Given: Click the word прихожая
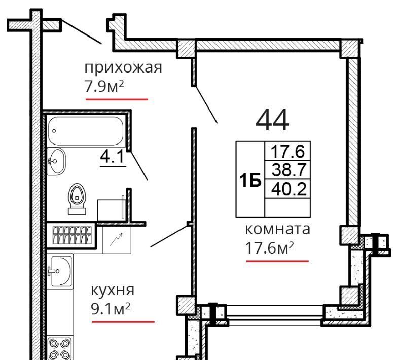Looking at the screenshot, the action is pyautogui.click(x=123, y=68).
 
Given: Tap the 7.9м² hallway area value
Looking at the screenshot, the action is pyautogui.click(x=104, y=87).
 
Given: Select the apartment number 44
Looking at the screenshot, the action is pyautogui.click(x=272, y=121).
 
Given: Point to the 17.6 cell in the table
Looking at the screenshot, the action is pyautogui.click(x=287, y=151).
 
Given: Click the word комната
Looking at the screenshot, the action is pyautogui.click(x=277, y=229).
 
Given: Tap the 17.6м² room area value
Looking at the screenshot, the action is pyautogui.click(x=270, y=248).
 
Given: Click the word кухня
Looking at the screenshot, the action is pyautogui.click(x=113, y=291).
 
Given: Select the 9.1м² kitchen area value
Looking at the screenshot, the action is pyautogui.click(x=111, y=309).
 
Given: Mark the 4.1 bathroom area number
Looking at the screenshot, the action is pyautogui.click(x=113, y=157).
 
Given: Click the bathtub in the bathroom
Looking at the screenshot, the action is pyautogui.click(x=86, y=131).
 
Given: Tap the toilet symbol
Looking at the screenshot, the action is pyautogui.click(x=77, y=199).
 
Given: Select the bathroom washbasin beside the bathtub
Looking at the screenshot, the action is pyautogui.click(x=56, y=161).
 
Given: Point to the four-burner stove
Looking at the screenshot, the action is pyautogui.click(x=60, y=349).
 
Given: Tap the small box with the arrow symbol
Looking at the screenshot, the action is pyautogui.click(x=117, y=239).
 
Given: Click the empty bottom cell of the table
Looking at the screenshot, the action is pyautogui.click(x=287, y=207).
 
